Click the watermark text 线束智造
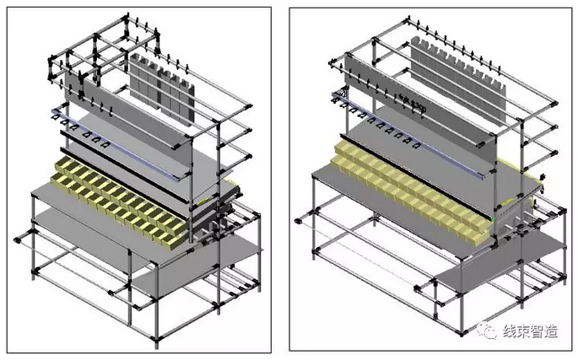(531, 331)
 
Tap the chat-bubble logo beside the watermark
(489, 330)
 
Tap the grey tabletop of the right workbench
(354, 181)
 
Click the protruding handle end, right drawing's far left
(298, 221)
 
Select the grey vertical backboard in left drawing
(143, 135)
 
